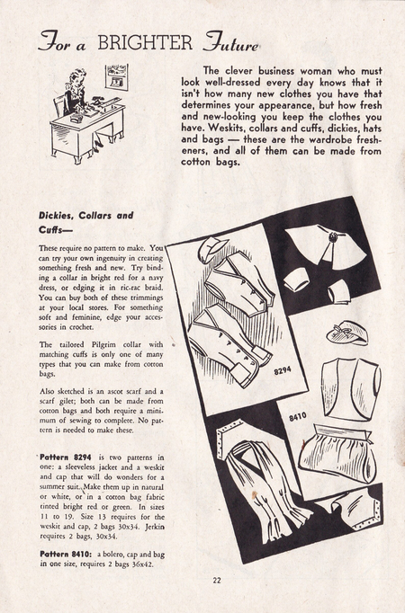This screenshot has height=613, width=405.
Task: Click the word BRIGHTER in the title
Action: click(145, 42)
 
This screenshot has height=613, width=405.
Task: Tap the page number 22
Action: click(217, 581)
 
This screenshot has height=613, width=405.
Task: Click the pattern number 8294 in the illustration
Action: click(283, 369)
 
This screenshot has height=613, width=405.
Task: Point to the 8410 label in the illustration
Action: click(298, 417)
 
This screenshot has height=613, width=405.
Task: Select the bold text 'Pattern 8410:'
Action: click(66, 555)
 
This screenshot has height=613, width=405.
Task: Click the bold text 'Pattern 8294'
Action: click(66, 457)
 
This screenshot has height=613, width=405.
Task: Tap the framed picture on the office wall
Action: click(117, 76)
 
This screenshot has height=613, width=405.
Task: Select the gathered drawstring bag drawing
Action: click(337, 454)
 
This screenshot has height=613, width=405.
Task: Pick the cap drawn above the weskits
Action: click(212, 249)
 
